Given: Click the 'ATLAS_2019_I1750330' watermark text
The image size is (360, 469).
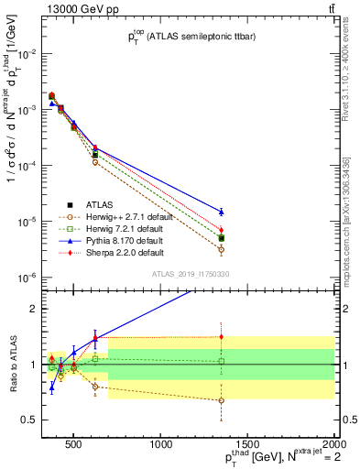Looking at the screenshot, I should coord(191,274).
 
